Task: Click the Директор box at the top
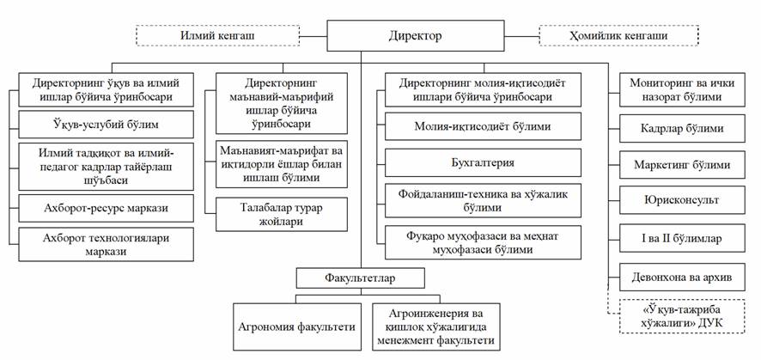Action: pos(415,35)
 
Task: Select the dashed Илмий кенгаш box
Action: pos(218,35)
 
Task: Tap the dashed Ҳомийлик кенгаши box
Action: pos(618,35)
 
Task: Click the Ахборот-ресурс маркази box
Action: pos(106,208)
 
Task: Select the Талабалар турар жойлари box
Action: pos(282,214)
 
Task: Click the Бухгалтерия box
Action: pos(483,162)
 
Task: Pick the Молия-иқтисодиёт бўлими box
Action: pos(483,126)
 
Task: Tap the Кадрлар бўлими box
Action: pos(682,129)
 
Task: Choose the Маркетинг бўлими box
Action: pos(682,165)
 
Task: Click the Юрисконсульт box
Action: pos(682,200)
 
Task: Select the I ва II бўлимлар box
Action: pos(682,238)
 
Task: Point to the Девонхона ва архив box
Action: pos(682,277)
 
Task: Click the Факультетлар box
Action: pos(361,279)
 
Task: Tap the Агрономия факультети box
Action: pos(297,326)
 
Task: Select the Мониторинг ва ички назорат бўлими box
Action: pos(682,89)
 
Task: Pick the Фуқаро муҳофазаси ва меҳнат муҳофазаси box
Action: pos(483,242)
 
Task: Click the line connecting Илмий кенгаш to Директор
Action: pos(314,35)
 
